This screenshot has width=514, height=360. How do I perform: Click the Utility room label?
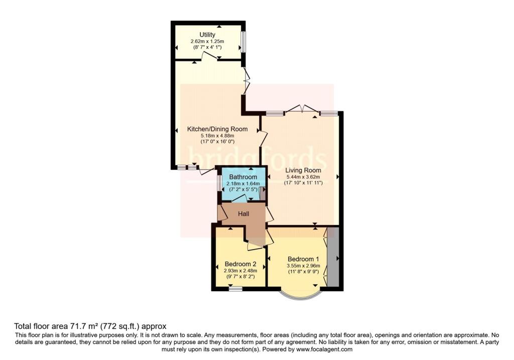pos(207,35)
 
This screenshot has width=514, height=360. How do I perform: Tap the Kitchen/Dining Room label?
pos(217,129)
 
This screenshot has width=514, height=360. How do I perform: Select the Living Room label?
pos(303,170)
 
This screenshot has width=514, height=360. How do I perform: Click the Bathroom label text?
pos(243,177)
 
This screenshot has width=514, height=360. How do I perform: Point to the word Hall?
pos(243,214)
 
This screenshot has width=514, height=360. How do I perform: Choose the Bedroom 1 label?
pos(303,259)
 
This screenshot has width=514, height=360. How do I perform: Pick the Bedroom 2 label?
pos(240,264)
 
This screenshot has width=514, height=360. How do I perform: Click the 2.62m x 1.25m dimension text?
pos(207,41)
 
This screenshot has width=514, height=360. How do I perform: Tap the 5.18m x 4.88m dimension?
pos(217,136)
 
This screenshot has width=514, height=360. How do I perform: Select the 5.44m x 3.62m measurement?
pos(303,177)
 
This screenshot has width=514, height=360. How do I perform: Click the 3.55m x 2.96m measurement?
pos(303,266)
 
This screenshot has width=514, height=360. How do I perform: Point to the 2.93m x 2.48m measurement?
pos(240,271)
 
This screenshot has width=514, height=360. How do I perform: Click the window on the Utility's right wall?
pos(243,42)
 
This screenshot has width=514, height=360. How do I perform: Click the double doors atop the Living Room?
pos(302,109)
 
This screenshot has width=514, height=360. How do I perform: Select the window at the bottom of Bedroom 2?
pos(235,289)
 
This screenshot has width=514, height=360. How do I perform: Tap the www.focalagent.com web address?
pos(324,349)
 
